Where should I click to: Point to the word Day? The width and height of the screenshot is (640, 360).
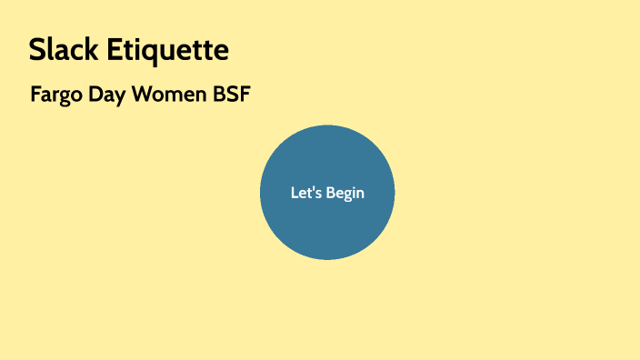pos(107,95)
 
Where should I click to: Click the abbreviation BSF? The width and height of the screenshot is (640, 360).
pos(231,95)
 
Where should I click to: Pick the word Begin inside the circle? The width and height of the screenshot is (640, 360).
pos(345,194)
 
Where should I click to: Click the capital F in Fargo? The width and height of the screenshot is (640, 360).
pos(35,95)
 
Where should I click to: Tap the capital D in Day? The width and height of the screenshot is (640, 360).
pos(95,95)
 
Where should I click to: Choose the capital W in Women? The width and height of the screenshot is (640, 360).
pos(144,95)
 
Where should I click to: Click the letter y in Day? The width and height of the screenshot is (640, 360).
pos(120,97)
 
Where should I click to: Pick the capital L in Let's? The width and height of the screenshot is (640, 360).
pos(294,193)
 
